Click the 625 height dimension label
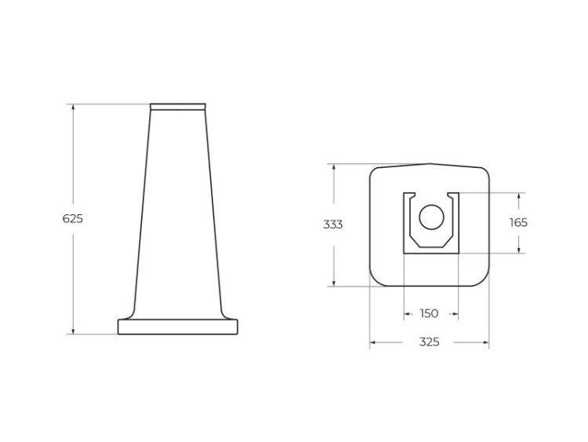point(73,219)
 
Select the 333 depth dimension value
point(333,225)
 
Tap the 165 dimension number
point(518,222)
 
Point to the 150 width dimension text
point(429,314)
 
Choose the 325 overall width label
point(429,342)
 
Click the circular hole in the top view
point(430,217)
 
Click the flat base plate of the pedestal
point(178,327)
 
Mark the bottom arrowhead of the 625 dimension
point(74,331)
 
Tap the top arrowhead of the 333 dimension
point(335,167)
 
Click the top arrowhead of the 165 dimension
point(518,195)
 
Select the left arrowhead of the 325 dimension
point(374,342)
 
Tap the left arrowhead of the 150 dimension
point(408,314)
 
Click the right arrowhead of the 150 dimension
point(455,314)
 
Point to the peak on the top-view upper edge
point(430,164)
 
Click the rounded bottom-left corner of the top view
point(376,279)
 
